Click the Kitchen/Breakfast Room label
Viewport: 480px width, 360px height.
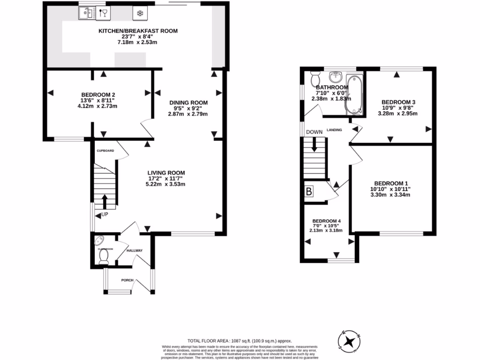pos(137,31)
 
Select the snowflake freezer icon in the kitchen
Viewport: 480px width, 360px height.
pos(139,13)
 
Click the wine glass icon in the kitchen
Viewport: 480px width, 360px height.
pos(104,13)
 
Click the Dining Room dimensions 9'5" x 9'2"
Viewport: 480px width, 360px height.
pos(188,108)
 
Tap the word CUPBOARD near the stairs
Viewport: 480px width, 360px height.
pos(105,151)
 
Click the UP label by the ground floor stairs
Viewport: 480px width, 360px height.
pos(105,214)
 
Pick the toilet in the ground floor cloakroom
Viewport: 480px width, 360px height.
pos(104,255)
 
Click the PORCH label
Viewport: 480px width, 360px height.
pos(127,280)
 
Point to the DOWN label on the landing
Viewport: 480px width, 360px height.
pos(315,132)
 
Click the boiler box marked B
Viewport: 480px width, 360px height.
pos(309,191)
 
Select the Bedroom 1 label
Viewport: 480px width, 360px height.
pos(392,183)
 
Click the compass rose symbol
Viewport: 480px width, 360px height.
pos(350,340)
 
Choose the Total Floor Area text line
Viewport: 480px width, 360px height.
pos(240,341)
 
